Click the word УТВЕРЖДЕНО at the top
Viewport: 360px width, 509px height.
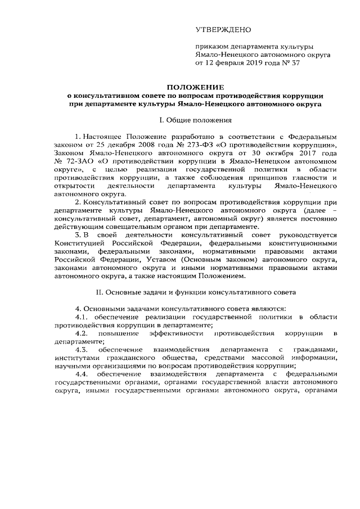(223, 29)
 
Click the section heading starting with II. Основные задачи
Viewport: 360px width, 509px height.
(192, 292)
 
